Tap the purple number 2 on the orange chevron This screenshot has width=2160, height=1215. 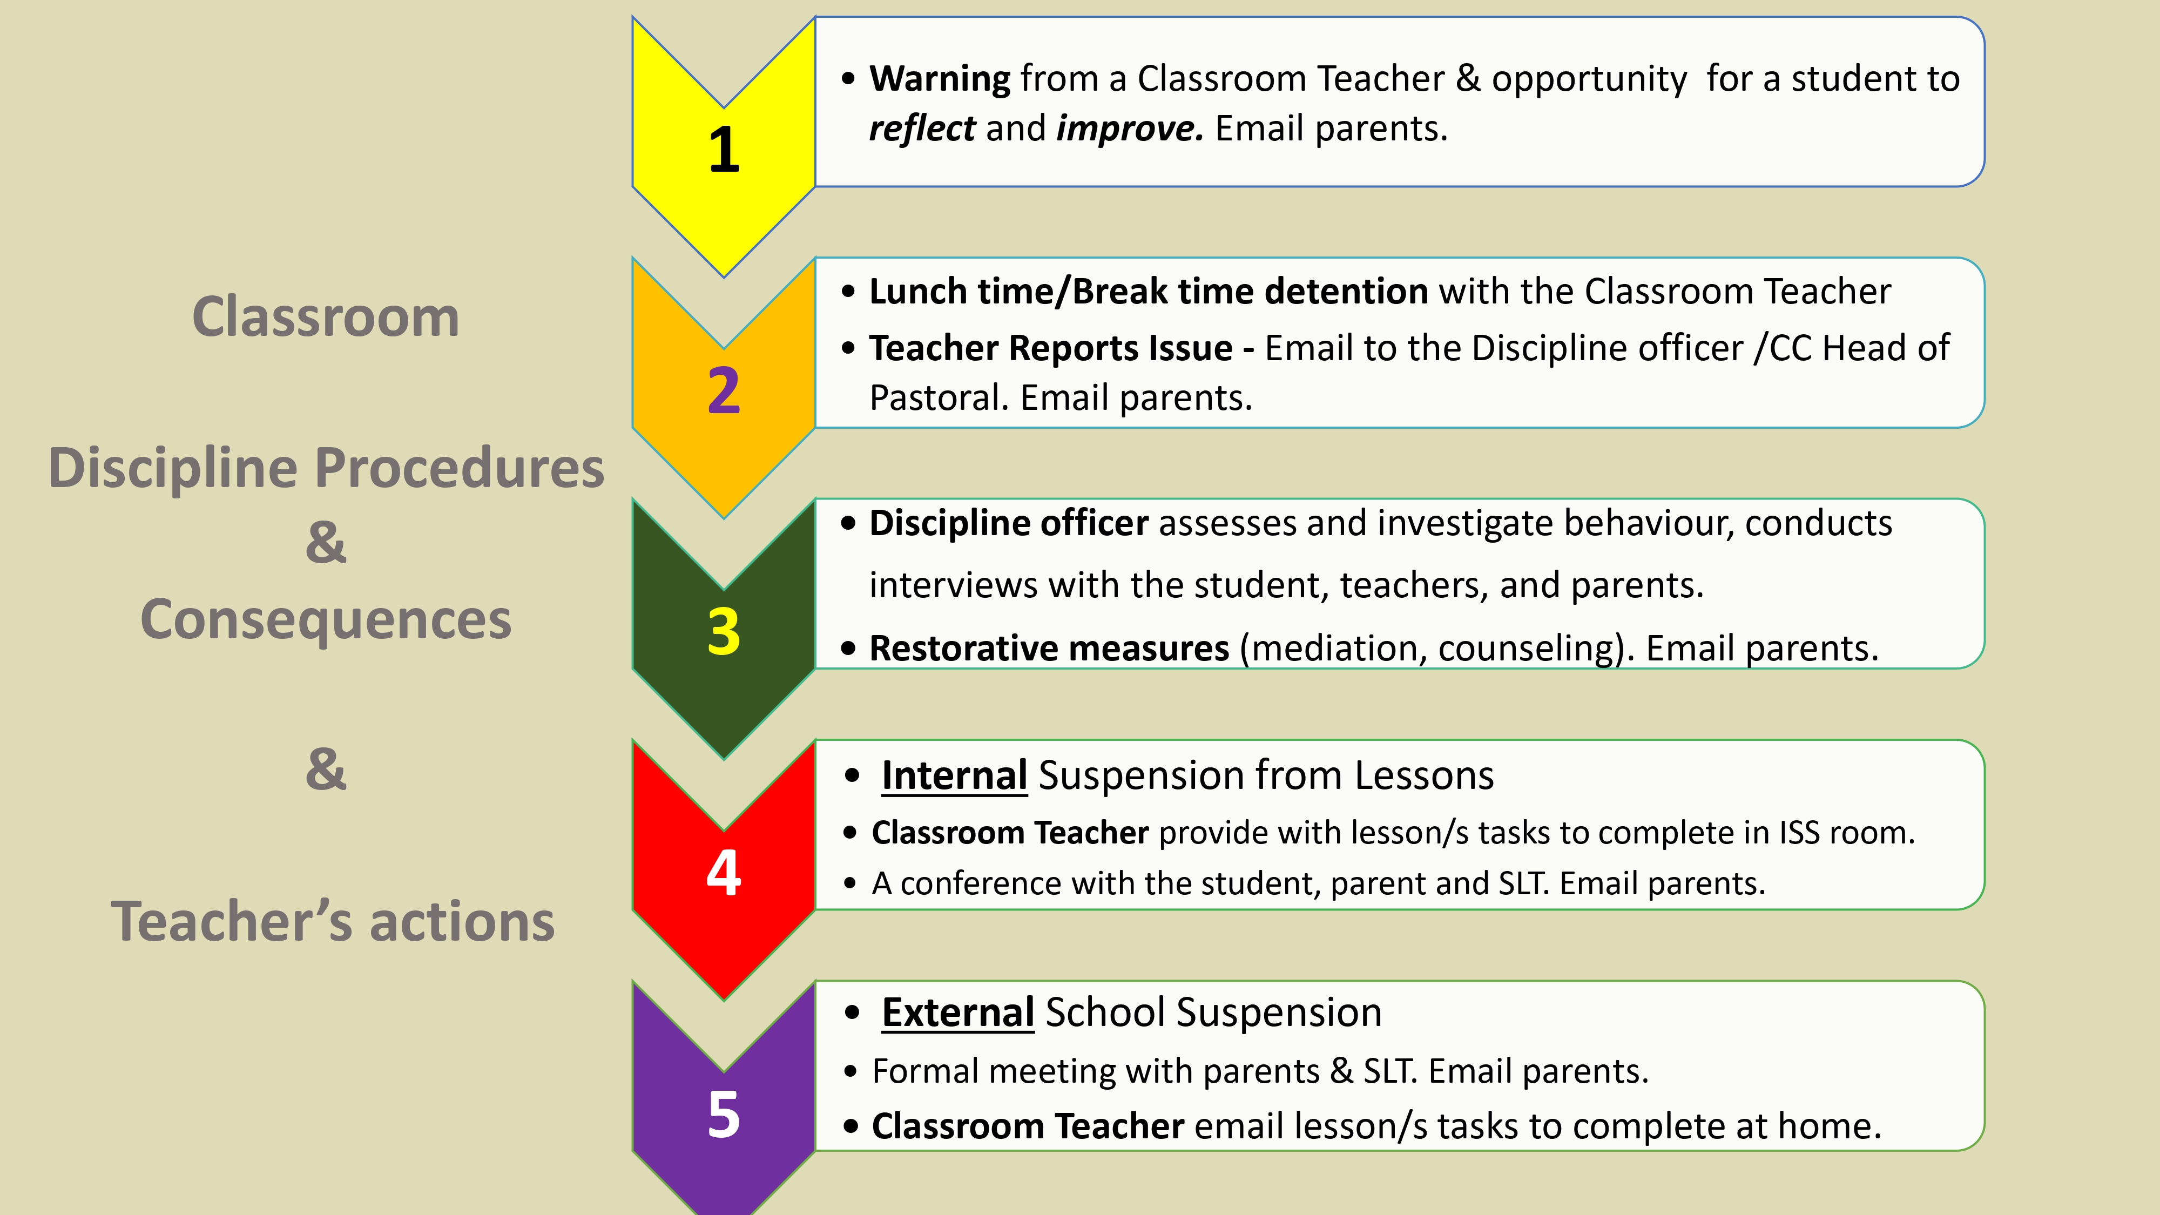click(724, 391)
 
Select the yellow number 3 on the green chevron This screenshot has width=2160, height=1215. click(724, 631)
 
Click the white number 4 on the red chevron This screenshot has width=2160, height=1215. click(724, 873)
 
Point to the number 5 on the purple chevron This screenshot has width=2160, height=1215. click(724, 1115)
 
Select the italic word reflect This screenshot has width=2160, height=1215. click(922, 129)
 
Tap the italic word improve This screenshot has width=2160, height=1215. click(1129, 129)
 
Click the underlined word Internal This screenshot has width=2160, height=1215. click(954, 775)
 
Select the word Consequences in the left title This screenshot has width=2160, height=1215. click(325, 620)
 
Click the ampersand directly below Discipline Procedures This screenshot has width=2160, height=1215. click(325, 543)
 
